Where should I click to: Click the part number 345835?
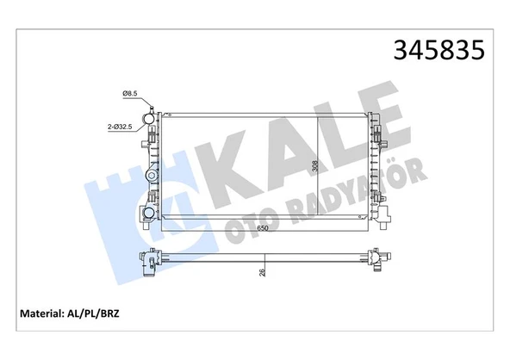tap(439, 50)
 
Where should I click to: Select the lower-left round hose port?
tap(149, 212)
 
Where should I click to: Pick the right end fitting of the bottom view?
tap(376, 258)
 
